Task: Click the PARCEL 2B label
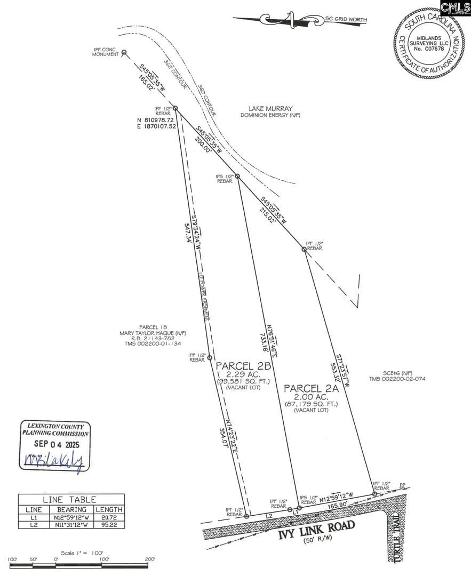coord(244,366)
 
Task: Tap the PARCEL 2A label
coord(311,388)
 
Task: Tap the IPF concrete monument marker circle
coord(124,52)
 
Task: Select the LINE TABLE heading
coord(71,500)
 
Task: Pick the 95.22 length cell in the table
coord(109,525)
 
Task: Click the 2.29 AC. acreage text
coord(243,374)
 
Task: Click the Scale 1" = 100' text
coord(83,553)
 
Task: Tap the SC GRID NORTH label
coord(346,20)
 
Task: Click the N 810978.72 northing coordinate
coord(156,120)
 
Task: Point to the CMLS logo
coord(455,6)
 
